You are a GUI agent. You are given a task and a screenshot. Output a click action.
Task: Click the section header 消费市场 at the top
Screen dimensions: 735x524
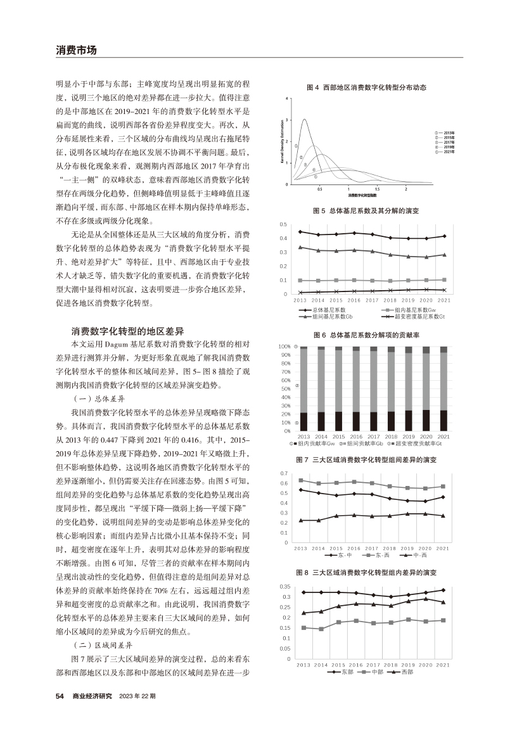[x=76, y=50]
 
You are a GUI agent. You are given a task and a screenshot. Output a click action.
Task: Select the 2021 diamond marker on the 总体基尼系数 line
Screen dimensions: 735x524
[x=444, y=236]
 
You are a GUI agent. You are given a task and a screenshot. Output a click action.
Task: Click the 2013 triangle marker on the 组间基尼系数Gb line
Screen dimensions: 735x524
[x=300, y=247]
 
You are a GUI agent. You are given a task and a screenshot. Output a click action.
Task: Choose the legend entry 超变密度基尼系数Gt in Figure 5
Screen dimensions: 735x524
[x=415, y=315]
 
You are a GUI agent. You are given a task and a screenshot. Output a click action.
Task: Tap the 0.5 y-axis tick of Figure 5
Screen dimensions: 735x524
[x=284, y=224]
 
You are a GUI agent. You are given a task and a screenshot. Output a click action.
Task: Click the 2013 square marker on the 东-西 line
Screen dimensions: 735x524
[x=300, y=480]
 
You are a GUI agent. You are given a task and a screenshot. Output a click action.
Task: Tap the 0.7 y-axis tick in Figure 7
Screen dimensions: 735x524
[x=284, y=473]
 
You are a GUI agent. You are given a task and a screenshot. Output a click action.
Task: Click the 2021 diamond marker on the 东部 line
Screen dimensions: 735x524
[x=444, y=590]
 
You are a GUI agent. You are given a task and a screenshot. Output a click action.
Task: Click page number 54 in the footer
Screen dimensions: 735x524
[x=60, y=696]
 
